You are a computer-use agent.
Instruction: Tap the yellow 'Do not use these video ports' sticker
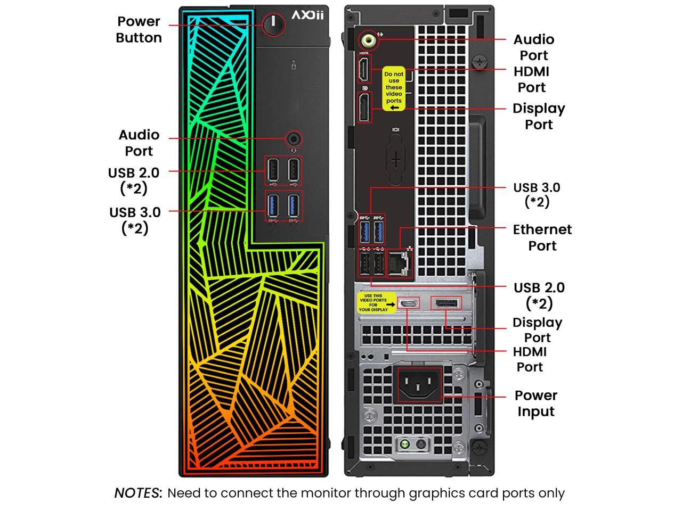[394, 89]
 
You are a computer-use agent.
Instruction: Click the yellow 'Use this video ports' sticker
[376, 303]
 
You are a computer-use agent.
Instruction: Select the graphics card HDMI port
[409, 303]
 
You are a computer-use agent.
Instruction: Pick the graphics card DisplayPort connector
[446, 303]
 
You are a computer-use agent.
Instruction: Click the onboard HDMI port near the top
[363, 69]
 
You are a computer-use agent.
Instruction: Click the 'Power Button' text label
[139, 30]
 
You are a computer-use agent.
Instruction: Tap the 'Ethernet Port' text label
[542, 237]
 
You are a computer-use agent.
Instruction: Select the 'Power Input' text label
[536, 403]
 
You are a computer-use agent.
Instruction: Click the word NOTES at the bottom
[138, 493]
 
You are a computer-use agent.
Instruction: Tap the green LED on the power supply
[405, 443]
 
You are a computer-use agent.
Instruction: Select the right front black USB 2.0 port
[294, 170]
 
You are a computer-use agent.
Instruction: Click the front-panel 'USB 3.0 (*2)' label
[135, 220]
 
